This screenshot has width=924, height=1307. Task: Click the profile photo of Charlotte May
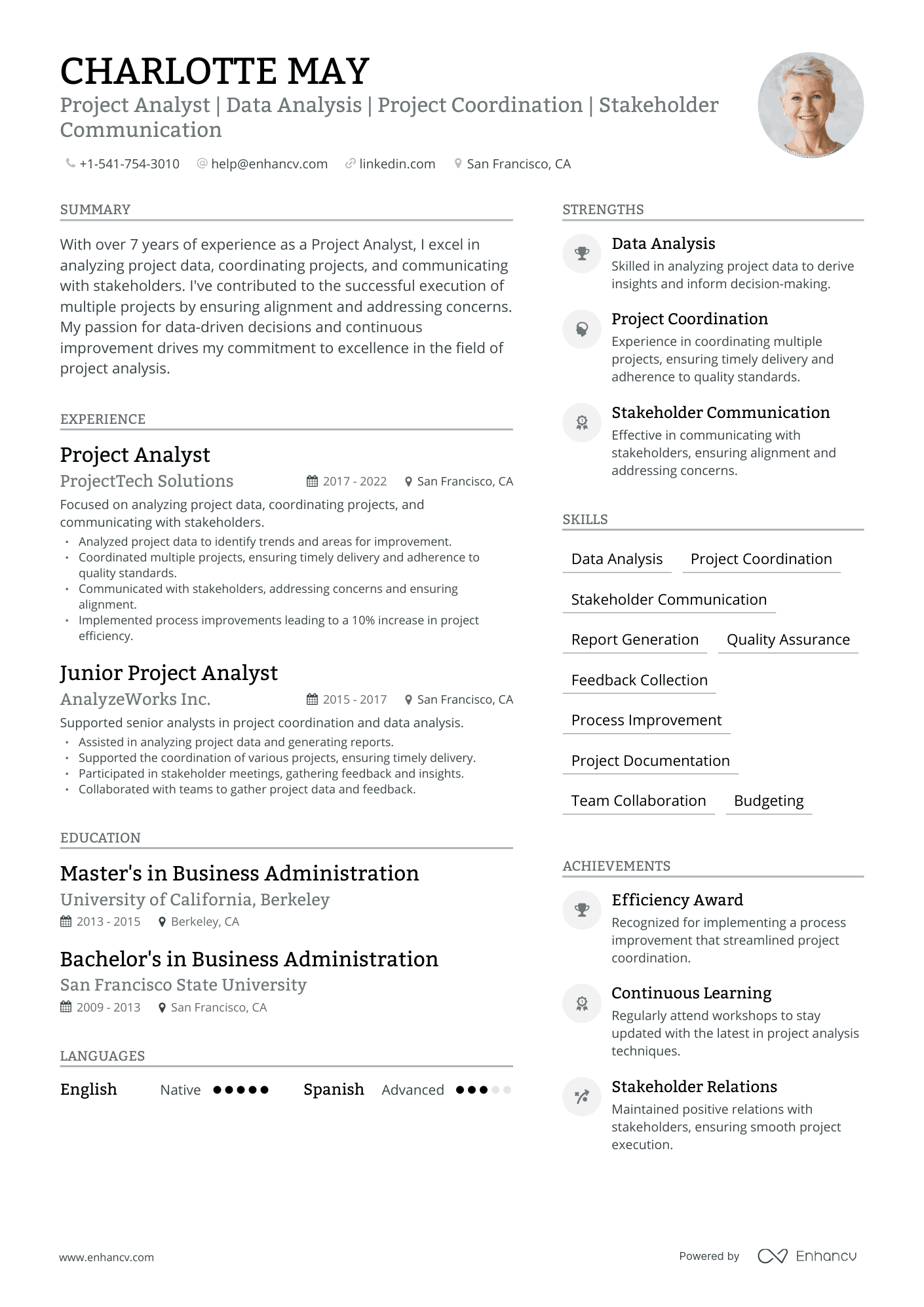coord(811,105)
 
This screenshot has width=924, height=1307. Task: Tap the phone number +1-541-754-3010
coord(129,164)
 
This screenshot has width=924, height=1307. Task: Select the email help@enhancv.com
coord(269,164)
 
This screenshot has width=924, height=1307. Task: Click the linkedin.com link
coord(397,164)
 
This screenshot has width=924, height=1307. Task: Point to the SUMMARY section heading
coord(95,210)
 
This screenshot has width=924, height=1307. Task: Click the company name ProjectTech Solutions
coord(147,481)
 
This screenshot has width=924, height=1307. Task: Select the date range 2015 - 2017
coord(355,700)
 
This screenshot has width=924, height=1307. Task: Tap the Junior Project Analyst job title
coord(168,673)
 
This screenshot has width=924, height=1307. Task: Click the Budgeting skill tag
coord(768,801)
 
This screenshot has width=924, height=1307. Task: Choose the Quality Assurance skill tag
coord(788,639)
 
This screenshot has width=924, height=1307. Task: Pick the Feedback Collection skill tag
coord(639,680)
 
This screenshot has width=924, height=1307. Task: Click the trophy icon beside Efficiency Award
coord(581,909)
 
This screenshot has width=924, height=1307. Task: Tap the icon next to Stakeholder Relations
coord(581,1096)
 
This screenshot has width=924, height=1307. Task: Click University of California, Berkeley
coord(195,900)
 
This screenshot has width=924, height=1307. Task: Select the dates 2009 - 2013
coord(108,1007)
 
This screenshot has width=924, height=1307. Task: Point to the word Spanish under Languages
coord(334,1089)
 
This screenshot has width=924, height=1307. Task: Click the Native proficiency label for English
coord(180,1090)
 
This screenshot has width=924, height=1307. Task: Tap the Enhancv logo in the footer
coord(807,1256)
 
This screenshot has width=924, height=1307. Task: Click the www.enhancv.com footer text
coord(106,1257)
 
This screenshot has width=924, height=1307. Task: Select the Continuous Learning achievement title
coord(691,993)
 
